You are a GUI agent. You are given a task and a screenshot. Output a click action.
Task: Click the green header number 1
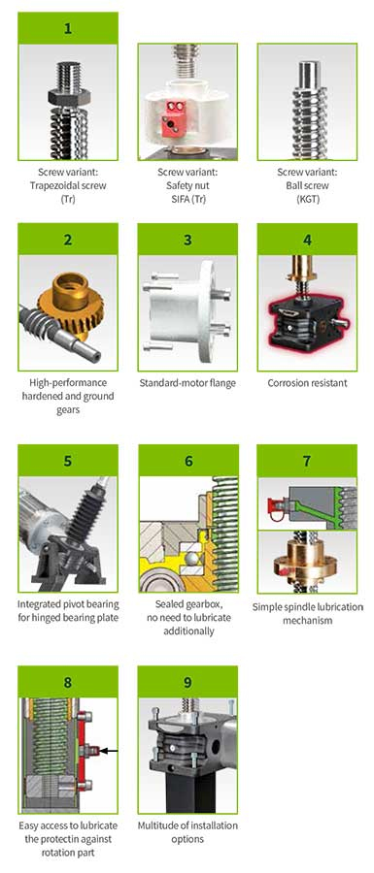(68, 28)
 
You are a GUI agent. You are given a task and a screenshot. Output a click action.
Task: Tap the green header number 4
(307, 240)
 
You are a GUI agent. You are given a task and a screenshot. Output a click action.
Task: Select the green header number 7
(307, 461)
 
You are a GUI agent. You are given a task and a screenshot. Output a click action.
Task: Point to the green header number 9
(187, 682)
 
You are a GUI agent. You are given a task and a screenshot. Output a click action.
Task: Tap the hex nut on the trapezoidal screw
(67, 97)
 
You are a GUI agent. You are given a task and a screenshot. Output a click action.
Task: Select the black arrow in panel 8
(109, 751)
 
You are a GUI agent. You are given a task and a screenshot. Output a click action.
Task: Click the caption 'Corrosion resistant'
(307, 383)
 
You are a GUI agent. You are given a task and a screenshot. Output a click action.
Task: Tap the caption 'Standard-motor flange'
(187, 383)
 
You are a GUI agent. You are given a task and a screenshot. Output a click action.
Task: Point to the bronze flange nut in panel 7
(307, 561)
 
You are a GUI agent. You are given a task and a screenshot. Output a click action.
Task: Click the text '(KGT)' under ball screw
(307, 198)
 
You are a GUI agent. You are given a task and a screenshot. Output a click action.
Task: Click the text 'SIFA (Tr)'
(187, 198)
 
